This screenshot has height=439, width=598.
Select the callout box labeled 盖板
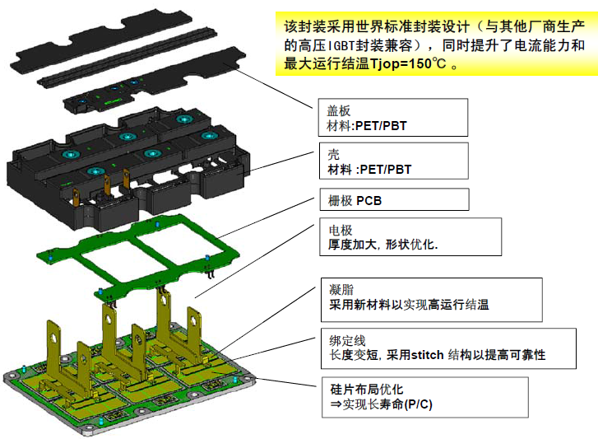392,117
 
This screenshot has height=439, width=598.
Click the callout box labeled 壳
392,161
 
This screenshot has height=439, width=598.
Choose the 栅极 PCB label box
392,200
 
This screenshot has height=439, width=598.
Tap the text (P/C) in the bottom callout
417,405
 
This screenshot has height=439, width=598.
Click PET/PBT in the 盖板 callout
378,126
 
